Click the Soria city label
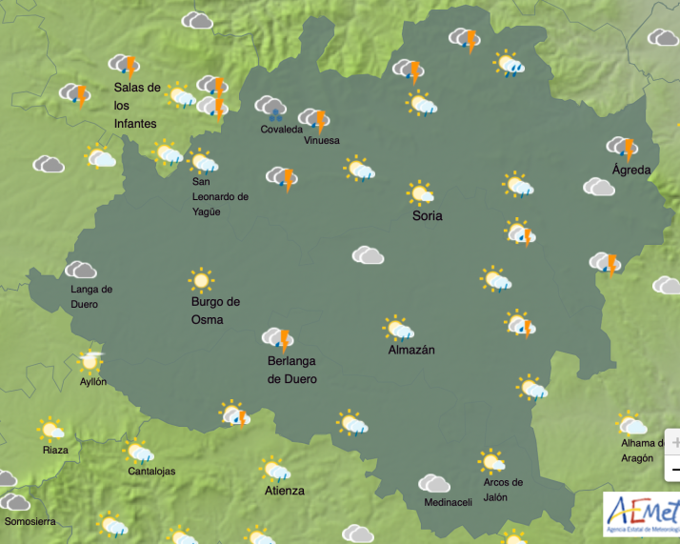click(427, 215)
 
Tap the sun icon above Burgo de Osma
click(200, 280)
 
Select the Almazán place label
click(411, 350)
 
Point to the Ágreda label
click(631, 170)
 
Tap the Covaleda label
click(281, 130)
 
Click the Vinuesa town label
click(321, 140)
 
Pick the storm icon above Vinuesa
click(313, 119)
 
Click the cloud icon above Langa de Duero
click(81, 271)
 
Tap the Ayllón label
click(92, 381)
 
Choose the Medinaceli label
click(448, 503)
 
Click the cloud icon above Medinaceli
click(434, 484)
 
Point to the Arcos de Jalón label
click(503, 490)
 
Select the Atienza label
click(285, 491)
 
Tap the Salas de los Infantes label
click(137, 105)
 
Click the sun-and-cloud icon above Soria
click(420, 193)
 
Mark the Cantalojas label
click(151, 471)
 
